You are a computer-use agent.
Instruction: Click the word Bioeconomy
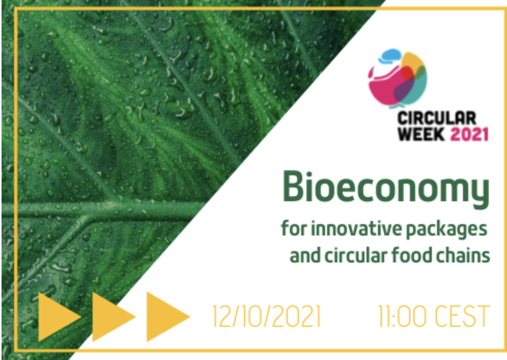point(386,189)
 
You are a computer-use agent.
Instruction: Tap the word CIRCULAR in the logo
point(437,118)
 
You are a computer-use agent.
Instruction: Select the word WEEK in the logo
point(421,134)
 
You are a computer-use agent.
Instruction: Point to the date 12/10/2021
point(266,316)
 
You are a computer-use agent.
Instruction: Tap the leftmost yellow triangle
point(58,316)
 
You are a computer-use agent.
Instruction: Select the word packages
point(446,230)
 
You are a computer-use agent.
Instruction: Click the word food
point(411,255)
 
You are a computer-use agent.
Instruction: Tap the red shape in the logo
point(407,74)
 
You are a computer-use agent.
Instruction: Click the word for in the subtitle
point(294,228)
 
